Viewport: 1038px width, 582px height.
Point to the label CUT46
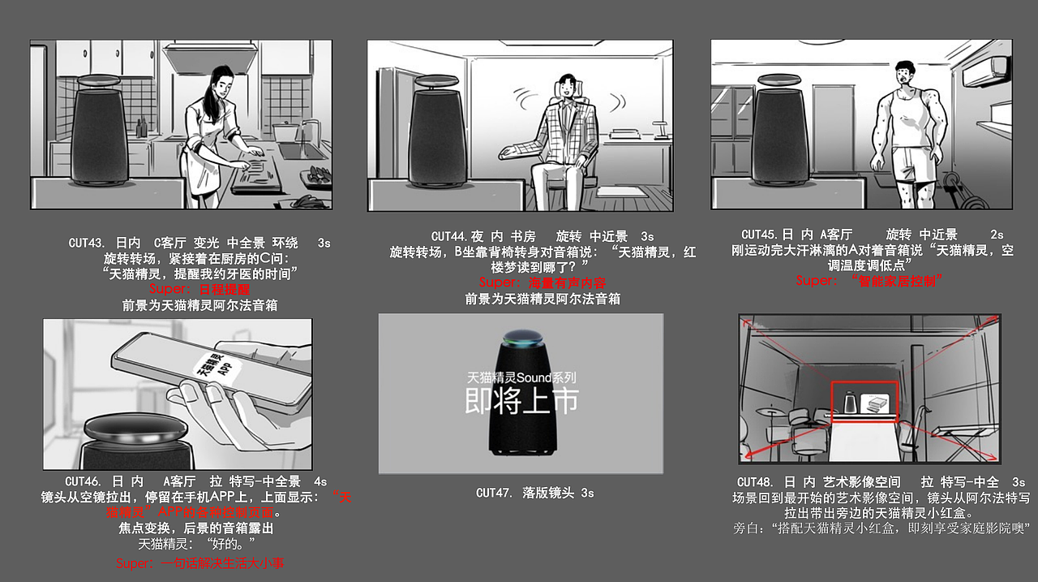click(82, 481)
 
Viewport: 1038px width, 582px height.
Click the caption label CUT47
click(493, 493)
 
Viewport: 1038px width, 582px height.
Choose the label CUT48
click(754, 482)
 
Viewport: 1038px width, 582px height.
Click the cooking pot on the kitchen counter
click(285, 131)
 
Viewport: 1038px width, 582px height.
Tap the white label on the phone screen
click(213, 369)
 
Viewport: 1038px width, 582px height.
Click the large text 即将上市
click(521, 400)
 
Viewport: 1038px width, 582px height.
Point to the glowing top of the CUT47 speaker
click(520, 338)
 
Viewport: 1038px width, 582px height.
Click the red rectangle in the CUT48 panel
click(864, 401)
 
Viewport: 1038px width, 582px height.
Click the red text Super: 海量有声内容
click(542, 282)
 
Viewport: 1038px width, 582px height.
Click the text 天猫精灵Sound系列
click(521, 377)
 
